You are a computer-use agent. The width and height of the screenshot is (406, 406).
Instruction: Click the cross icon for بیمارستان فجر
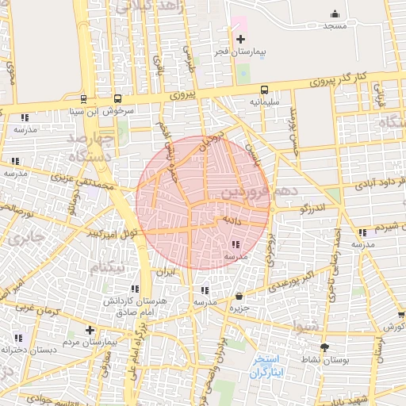(x=240, y=39)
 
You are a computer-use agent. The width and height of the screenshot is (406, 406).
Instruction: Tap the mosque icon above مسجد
(x=335, y=13)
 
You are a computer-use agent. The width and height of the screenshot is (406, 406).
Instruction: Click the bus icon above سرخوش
(x=118, y=99)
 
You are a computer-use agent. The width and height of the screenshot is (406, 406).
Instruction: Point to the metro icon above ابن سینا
(x=83, y=99)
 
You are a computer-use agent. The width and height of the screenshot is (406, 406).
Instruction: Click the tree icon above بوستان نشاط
(x=324, y=347)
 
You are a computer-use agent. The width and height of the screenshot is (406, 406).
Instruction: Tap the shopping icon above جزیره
(x=239, y=296)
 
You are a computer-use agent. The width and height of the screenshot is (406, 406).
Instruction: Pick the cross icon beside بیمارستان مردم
(x=90, y=330)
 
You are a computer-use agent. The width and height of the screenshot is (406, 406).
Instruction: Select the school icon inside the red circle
(x=236, y=245)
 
